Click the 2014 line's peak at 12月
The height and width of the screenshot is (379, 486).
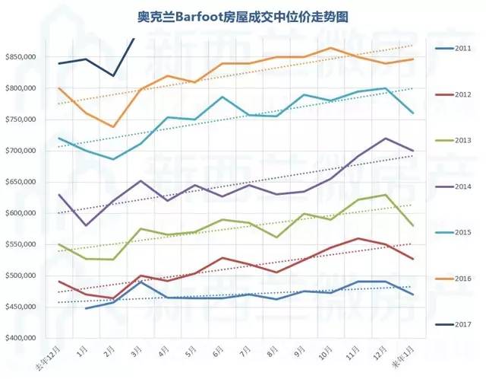click(387, 138)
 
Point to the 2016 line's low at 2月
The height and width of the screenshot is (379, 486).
click(113, 127)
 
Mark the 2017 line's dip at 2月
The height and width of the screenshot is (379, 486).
click(113, 76)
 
